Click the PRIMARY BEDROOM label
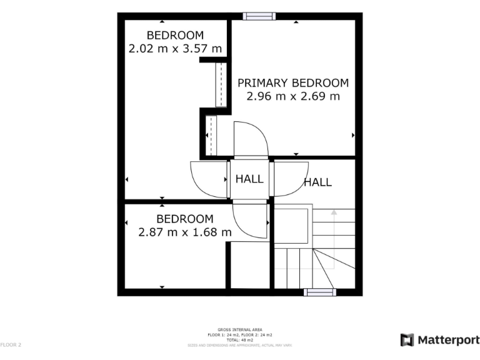(292, 82)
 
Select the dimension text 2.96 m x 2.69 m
(292, 96)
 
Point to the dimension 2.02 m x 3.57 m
(175, 48)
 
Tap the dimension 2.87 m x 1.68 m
(184, 232)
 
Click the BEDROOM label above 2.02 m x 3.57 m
(175, 35)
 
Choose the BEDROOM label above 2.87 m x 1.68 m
(184, 219)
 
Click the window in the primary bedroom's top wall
(259, 16)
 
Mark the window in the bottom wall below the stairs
(319, 292)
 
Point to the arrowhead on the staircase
(334, 212)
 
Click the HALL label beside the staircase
(317, 182)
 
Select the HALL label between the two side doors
(249, 179)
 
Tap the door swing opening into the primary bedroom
(250, 139)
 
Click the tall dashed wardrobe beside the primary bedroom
(221, 84)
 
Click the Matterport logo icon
(407, 340)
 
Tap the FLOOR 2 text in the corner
(11, 344)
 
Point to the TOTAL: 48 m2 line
(240, 339)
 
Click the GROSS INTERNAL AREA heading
(240, 329)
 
